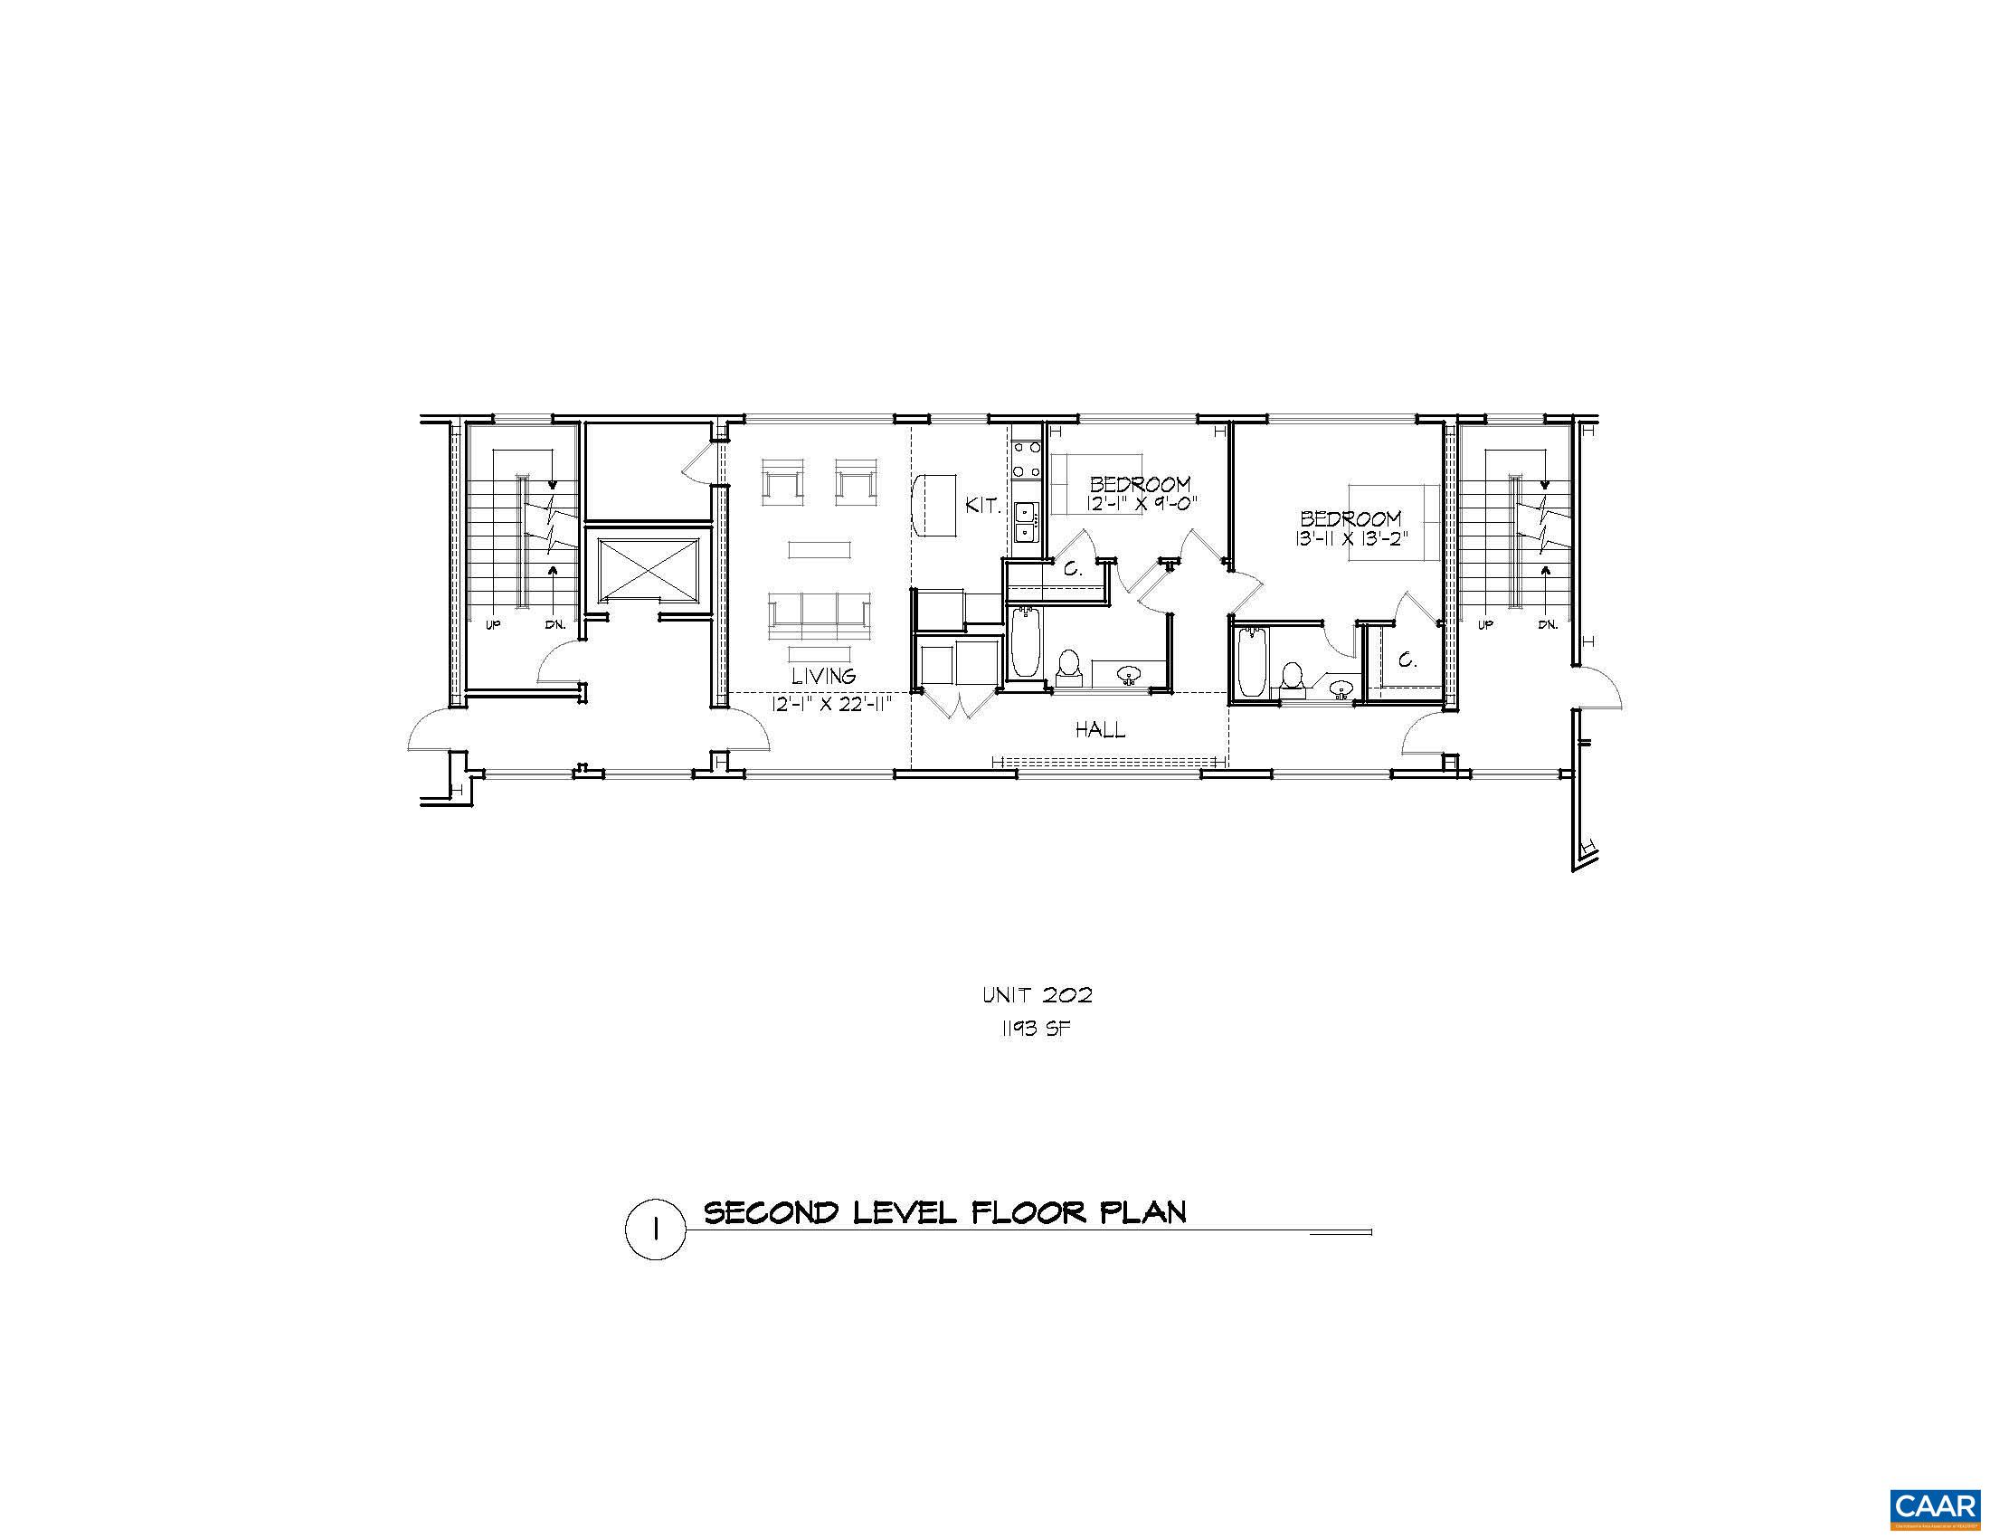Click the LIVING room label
click(x=823, y=676)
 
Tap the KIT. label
click(x=983, y=506)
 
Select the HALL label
click(x=1100, y=730)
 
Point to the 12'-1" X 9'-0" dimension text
click(x=1140, y=503)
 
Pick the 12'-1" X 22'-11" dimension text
click(x=829, y=703)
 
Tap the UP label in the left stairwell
click(x=494, y=625)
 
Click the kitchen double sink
click(x=1026, y=522)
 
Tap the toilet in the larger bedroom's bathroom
click(x=1291, y=676)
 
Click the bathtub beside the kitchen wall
click(x=1025, y=641)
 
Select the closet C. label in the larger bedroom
click(x=1407, y=660)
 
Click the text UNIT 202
click(x=1037, y=995)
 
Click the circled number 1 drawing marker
click(x=654, y=1230)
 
